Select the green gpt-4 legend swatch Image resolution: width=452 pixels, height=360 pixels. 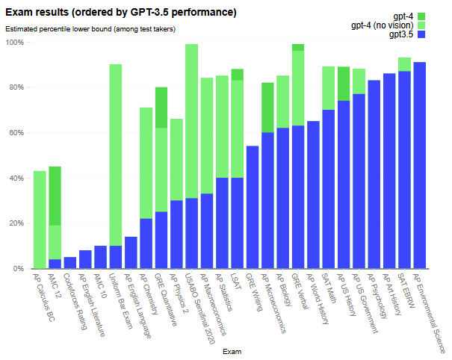pyautogui.click(x=421, y=16)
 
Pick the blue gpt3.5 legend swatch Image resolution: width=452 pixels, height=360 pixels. pyautogui.click(x=421, y=34)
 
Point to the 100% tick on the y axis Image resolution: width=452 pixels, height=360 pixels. pyautogui.click(x=15, y=43)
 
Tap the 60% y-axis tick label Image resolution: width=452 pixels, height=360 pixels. pyautogui.click(x=16, y=133)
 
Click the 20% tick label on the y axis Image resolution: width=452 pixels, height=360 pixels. pyautogui.click(x=16, y=223)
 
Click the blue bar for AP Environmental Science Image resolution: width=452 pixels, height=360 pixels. pyautogui.click(x=420, y=165)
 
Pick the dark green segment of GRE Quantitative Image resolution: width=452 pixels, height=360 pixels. pyautogui.click(x=161, y=108)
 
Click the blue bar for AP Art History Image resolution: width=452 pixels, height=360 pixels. pyautogui.click(x=389, y=171)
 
